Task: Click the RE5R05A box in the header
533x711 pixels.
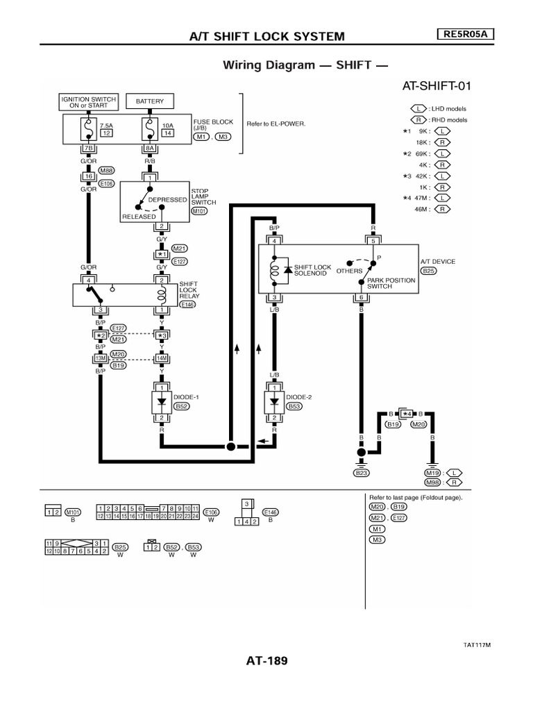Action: tap(466, 35)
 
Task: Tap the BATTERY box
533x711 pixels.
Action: tap(150, 101)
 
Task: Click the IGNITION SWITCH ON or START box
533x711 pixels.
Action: tap(88, 101)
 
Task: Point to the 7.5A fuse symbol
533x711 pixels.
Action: tap(88, 128)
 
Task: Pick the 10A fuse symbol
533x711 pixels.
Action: tap(149, 128)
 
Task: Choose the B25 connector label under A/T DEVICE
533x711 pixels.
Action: tap(429, 271)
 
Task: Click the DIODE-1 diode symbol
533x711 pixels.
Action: tap(162, 401)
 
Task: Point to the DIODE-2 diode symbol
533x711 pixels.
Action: tap(274, 401)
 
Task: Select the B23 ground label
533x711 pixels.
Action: tap(360, 473)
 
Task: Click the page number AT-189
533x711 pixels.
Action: tap(266, 660)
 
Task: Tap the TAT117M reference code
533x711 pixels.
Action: tap(477, 644)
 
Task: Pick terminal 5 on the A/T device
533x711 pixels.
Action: tap(373, 242)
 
